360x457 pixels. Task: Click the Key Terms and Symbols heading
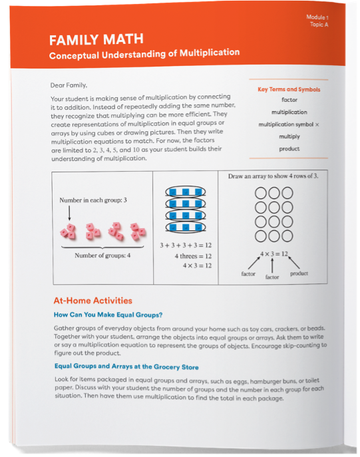tap(288, 88)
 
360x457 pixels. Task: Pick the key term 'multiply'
tap(289, 136)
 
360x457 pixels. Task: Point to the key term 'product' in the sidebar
tap(289, 149)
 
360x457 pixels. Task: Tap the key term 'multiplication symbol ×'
tap(289, 124)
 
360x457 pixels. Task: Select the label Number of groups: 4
tap(102, 255)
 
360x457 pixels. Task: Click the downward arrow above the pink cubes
tap(69, 215)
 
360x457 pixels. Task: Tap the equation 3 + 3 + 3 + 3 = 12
tap(186, 245)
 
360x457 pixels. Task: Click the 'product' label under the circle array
tap(299, 273)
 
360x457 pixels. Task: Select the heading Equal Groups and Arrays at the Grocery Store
tap(126, 367)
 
